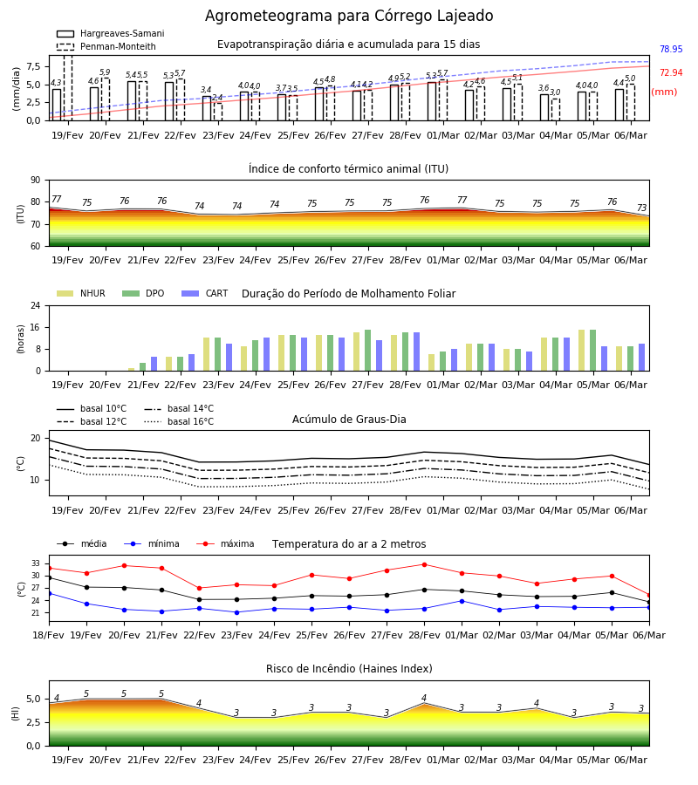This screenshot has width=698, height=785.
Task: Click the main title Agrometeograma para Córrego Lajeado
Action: (349, 16)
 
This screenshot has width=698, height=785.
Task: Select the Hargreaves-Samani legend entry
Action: (110, 33)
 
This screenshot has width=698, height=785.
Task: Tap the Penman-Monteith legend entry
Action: (106, 46)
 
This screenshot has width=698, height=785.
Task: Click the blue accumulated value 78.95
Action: (671, 49)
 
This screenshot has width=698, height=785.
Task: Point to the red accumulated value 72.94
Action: (671, 72)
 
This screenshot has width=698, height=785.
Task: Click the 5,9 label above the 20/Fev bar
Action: (105, 72)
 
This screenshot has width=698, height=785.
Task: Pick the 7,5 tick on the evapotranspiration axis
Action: (33, 66)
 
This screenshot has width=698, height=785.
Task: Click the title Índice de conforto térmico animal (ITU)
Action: (348, 168)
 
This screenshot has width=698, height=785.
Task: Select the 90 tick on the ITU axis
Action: (36, 181)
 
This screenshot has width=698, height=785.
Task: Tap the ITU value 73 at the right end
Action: (641, 208)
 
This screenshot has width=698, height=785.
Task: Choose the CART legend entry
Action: (205, 293)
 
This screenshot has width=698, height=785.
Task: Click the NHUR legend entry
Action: (81, 293)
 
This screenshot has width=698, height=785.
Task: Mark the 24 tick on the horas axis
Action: (36, 305)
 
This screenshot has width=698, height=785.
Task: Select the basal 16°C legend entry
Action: (179, 421)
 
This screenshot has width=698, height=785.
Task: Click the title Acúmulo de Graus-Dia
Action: (349, 420)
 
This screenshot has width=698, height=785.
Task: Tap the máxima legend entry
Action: (225, 543)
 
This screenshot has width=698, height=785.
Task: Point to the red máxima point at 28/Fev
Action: (425, 564)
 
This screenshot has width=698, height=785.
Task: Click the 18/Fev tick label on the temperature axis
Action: (49, 635)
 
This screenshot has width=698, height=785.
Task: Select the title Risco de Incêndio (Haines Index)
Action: (349, 669)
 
